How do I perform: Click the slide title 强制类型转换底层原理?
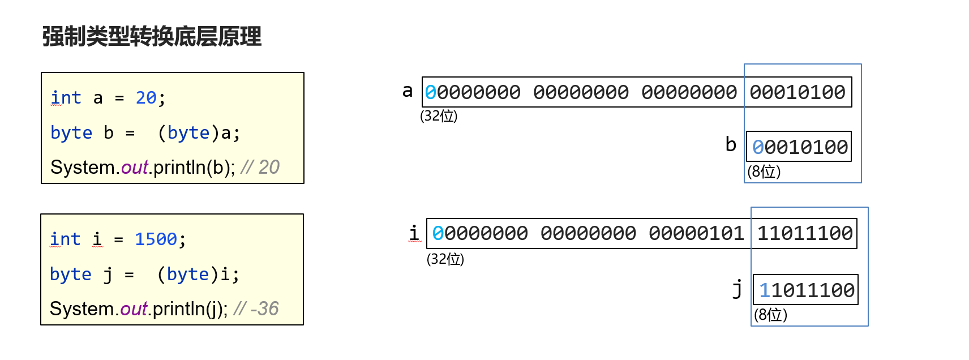152,37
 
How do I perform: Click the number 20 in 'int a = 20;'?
146,98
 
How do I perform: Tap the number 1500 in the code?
156,239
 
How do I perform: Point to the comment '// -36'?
256,309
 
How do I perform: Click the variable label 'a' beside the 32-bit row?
408,91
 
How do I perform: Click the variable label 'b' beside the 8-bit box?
731,145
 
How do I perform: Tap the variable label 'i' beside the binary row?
414,233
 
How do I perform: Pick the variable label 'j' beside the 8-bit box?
737,289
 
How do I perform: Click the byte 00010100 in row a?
798,92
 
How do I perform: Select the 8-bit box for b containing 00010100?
799,147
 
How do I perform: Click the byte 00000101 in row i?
696,233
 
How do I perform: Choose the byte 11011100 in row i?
804,233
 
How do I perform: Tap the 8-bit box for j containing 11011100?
806,290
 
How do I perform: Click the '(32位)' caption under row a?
439,116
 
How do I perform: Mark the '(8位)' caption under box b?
764,172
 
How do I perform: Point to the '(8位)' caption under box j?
770,315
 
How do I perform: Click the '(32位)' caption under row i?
445,259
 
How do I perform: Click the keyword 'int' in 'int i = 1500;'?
65,239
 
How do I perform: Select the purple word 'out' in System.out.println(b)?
135,168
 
